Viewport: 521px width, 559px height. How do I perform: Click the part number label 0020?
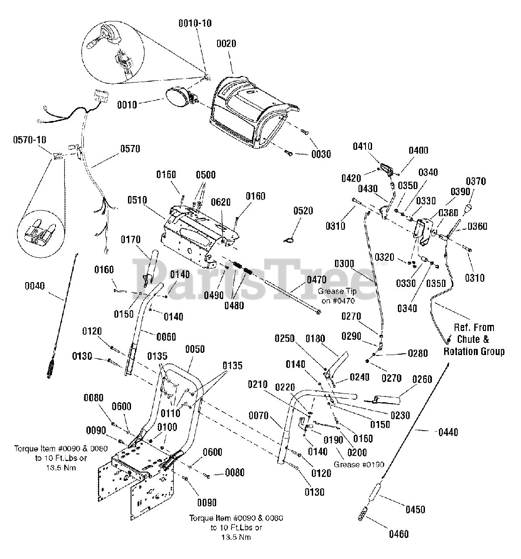point(226,44)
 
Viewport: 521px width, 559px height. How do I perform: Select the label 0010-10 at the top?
point(195,23)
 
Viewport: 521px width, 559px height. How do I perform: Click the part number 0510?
point(137,200)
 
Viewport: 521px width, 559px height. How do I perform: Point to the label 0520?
point(303,211)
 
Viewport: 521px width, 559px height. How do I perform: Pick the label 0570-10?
point(30,140)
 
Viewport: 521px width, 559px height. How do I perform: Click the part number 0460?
point(399,534)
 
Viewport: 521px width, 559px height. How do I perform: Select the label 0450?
point(415,509)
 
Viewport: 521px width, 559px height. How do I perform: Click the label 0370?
point(476,181)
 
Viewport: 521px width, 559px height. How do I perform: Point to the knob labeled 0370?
point(468,210)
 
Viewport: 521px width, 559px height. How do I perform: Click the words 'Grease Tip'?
point(337,291)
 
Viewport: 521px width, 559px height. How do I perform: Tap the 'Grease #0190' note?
point(359,464)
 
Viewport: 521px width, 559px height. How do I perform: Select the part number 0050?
point(195,349)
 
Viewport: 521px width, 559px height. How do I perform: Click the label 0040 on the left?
point(35,286)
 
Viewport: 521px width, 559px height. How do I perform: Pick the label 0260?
point(422,379)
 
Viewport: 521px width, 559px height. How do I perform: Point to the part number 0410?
point(362,146)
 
